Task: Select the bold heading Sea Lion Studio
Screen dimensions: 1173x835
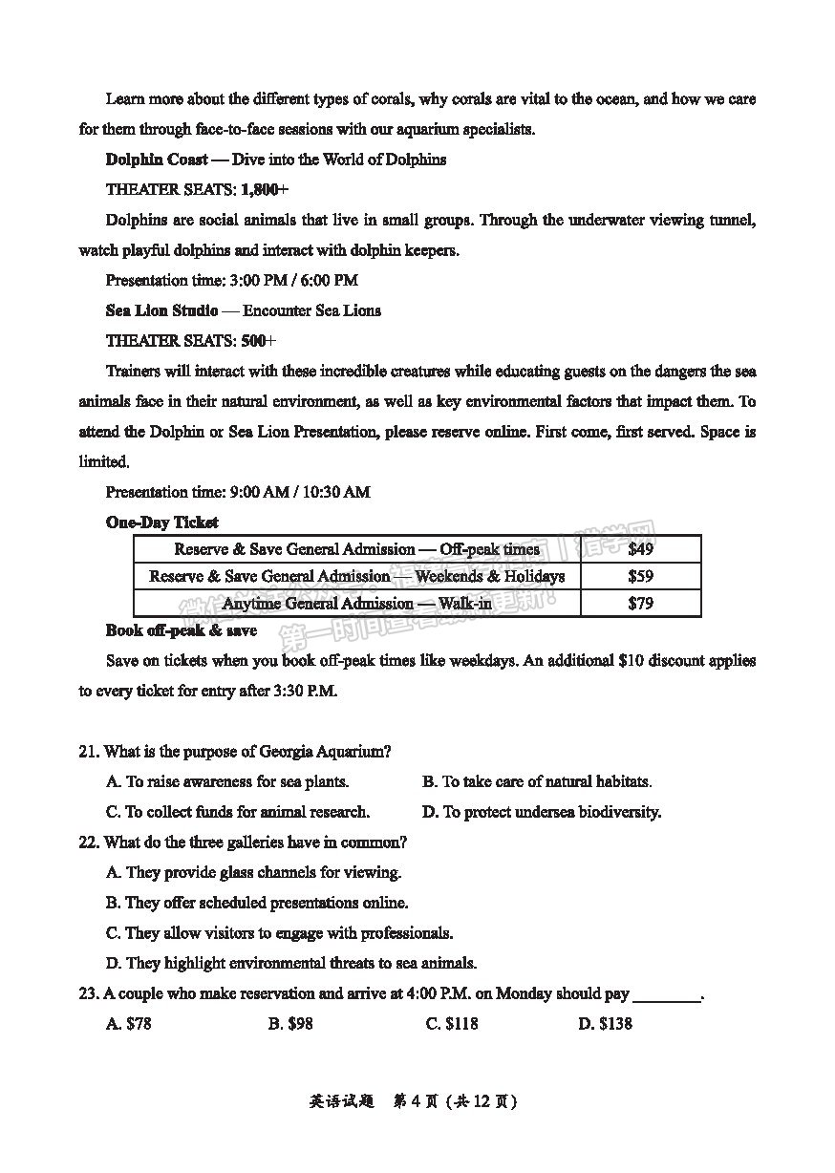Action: click(x=161, y=310)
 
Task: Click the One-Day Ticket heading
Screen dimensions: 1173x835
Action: click(x=161, y=523)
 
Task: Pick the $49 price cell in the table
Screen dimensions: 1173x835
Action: click(x=641, y=549)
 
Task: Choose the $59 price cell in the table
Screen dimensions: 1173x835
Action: click(x=641, y=576)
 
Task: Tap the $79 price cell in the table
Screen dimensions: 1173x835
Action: click(x=641, y=603)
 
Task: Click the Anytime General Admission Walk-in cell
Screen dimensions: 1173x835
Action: click(x=357, y=603)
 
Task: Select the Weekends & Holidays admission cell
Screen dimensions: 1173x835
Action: click(x=357, y=576)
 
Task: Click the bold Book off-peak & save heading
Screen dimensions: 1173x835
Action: click(x=181, y=630)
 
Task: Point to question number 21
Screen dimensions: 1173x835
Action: click(x=89, y=752)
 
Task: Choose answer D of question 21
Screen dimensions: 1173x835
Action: click(x=542, y=812)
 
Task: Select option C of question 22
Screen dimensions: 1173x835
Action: click(x=279, y=933)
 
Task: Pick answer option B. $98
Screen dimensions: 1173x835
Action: click(x=290, y=1024)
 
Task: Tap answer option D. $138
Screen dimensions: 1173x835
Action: click(x=605, y=1024)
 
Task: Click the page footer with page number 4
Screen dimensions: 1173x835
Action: click(x=414, y=1100)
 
